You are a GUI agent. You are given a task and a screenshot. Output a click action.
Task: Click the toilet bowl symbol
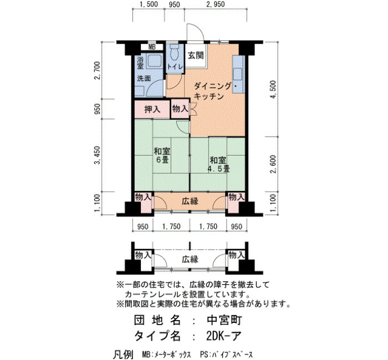[x=174, y=53]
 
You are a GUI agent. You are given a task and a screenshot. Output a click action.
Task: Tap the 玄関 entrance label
[x=196, y=55]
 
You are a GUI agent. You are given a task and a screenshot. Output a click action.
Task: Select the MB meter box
[x=152, y=47]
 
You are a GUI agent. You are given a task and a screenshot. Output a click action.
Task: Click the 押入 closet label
[x=152, y=109]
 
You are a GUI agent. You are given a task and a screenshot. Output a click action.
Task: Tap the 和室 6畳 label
[x=162, y=155]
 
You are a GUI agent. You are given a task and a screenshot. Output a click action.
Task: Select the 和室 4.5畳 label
[x=218, y=164]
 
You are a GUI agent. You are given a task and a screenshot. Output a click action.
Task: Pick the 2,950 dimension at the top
[x=215, y=4]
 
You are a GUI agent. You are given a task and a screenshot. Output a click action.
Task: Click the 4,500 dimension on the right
[x=273, y=90]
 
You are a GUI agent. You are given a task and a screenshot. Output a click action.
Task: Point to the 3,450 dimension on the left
[x=97, y=155]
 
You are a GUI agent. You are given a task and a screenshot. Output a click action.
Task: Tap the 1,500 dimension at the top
[x=149, y=4]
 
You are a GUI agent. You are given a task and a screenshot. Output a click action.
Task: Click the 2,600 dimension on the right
[x=273, y=164]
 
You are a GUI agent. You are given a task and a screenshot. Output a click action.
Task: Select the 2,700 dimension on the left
[x=97, y=70]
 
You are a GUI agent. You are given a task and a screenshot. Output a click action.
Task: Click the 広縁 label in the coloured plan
[x=190, y=201]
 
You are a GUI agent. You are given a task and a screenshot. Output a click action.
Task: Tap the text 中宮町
[x=224, y=321]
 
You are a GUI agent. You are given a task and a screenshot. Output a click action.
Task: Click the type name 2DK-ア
[x=223, y=336]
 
